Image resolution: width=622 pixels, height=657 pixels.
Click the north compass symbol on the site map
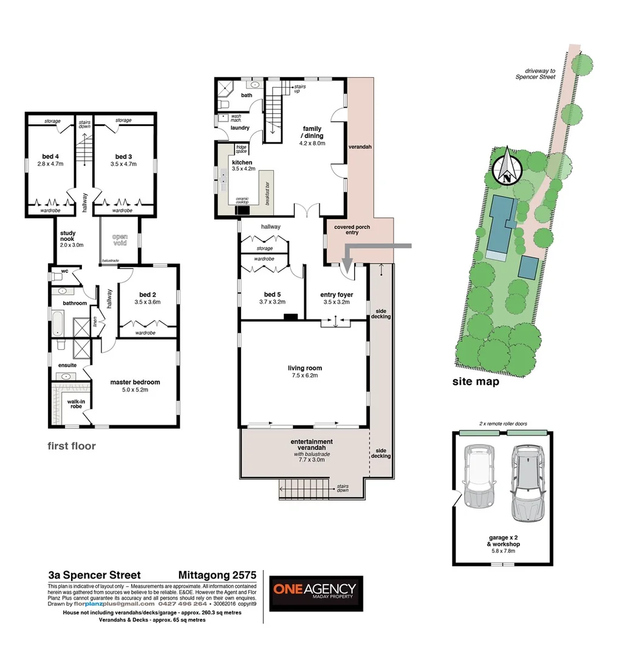506,166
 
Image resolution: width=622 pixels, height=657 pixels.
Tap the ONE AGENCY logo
316,593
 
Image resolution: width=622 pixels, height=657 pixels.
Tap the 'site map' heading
475,382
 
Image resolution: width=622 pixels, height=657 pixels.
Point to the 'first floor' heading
72,446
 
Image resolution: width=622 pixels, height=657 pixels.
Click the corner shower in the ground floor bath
225,91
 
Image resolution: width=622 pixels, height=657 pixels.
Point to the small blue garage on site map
528,267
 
